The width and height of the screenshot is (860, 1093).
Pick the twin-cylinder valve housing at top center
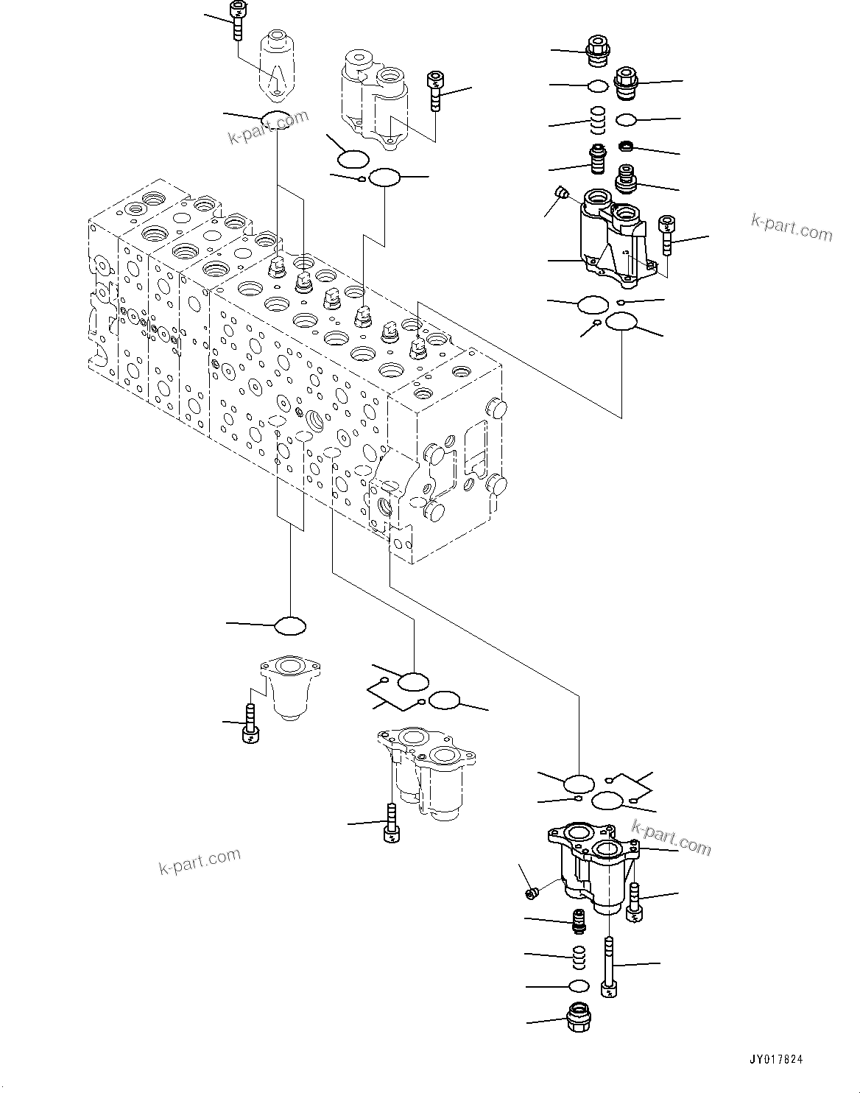click(x=373, y=96)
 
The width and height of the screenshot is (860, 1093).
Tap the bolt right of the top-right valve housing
click(x=666, y=235)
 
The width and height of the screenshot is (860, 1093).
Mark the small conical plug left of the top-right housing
click(x=563, y=194)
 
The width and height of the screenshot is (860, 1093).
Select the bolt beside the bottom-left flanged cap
click(x=250, y=723)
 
